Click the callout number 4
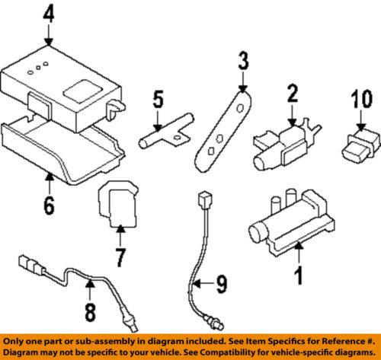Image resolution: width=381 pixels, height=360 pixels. pyautogui.click(x=49, y=13)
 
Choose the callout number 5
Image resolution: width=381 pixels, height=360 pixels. pyautogui.click(x=158, y=99)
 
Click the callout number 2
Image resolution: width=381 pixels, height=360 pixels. pyautogui.click(x=291, y=95)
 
